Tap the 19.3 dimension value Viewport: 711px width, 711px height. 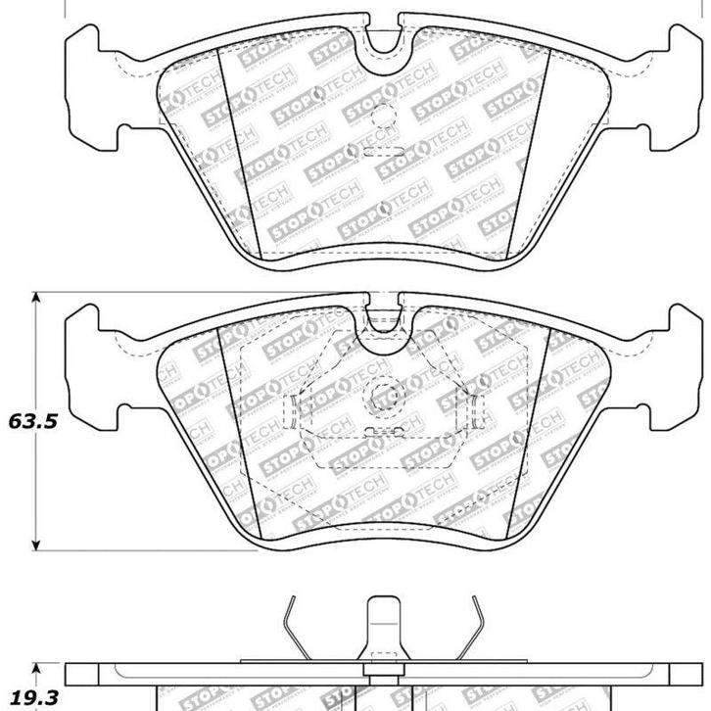26,696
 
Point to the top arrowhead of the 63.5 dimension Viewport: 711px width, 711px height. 37,297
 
